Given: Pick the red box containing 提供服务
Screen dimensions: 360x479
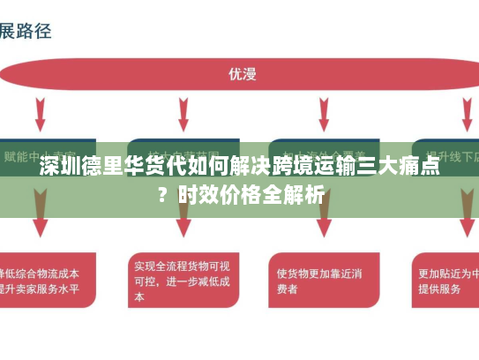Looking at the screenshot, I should [x=446, y=281].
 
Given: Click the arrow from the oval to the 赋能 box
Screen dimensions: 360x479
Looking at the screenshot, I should [x=41, y=113].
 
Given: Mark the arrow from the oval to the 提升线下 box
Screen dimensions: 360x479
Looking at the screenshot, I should [x=467, y=113].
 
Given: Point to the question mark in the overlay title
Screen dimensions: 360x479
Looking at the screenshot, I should [x=161, y=193].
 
